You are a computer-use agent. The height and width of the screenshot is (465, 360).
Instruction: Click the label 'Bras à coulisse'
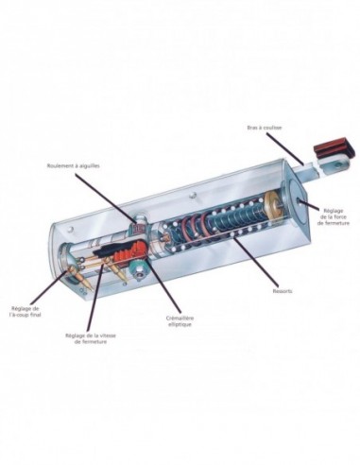pyautogui.click(x=265, y=128)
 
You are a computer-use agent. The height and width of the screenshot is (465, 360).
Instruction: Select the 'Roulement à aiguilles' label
pyautogui.click(x=74, y=165)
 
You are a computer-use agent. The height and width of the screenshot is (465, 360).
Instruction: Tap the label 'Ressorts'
pyautogui.click(x=283, y=291)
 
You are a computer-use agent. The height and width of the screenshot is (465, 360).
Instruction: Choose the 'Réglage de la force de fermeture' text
pyautogui.click(x=334, y=216)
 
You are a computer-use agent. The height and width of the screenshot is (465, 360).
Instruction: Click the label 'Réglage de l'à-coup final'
pyautogui.click(x=26, y=311)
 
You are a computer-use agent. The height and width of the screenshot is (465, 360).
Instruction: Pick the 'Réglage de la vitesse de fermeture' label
pyautogui.click(x=91, y=338)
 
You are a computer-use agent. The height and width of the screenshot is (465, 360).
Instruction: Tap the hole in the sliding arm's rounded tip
pyautogui.click(x=338, y=164)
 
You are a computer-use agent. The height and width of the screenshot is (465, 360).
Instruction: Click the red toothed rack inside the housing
pyautogui.click(x=129, y=250)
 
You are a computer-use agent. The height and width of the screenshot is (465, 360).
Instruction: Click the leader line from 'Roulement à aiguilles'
pyautogui.click(x=108, y=197)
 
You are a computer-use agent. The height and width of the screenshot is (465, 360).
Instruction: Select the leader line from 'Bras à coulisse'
pyautogui.click(x=285, y=148)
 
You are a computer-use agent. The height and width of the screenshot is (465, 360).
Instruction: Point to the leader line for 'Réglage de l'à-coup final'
pyautogui.click(x=50, y=287)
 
